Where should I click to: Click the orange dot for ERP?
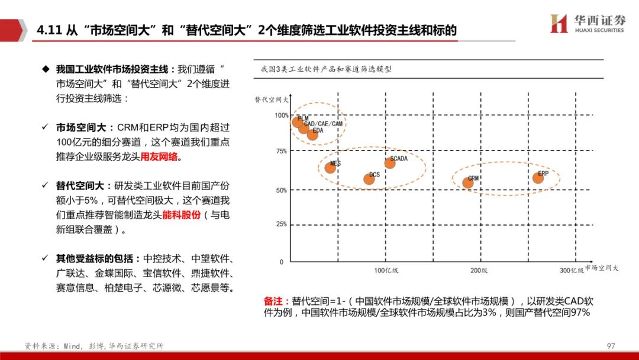coord(538,178)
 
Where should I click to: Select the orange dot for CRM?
coord(468,182)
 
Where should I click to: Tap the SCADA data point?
coord(389,163)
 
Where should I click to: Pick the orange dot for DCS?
coord(369,179)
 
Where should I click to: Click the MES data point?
coord(330,168)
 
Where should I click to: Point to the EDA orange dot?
coord(312,134)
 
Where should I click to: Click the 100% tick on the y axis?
coord(282,115)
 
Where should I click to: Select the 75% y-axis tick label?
coord(282,151)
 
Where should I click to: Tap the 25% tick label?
coord(282,224)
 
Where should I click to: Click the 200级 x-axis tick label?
coord(479,271)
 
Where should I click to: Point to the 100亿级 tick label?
coord(386,271)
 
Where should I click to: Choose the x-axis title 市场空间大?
coord(602,268)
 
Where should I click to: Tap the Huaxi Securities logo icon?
coord(559,24)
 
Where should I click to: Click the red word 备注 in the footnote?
coord(276,301)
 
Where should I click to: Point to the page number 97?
coord(611,346)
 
